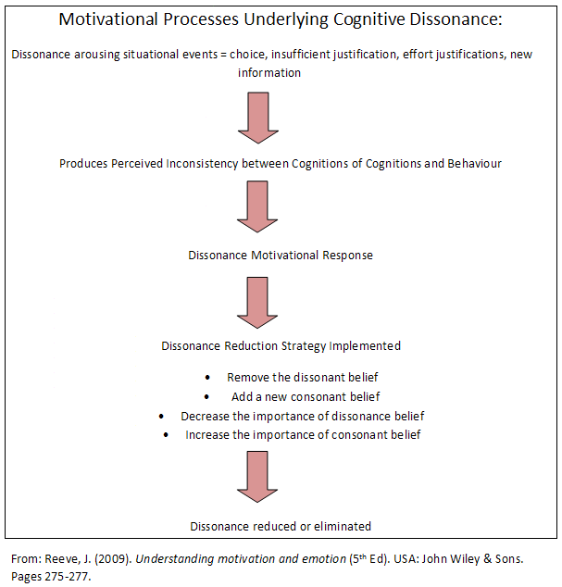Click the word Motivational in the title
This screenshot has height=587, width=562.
click(x=108, y=19)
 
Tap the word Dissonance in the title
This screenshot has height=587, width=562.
click(x=456, y=19)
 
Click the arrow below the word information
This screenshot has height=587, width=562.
click(x=258, y=118)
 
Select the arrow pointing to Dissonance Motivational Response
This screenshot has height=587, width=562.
click(x=257, y=206)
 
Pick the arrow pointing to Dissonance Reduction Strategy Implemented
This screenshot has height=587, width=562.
click(x=257, y=303)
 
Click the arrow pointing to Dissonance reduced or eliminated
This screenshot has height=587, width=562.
click(x=257, y=477)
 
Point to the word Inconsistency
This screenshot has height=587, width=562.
click(x=202, y=164)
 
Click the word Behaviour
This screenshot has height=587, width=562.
click(x=474, y=164)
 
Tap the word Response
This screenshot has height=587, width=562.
click(x=347, y=256)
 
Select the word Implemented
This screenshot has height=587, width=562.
click(x=365, y=346)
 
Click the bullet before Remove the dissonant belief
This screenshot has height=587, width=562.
click(x=207, y=378)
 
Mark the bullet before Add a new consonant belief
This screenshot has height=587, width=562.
click(x=206, y=397)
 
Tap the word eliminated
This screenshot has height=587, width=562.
click(x=343, y=526)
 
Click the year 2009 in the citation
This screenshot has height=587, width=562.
click(x=113, y=559)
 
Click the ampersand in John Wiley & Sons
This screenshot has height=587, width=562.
click(x=487, y=559)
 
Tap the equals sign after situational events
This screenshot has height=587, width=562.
click(x=223, y=55)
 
